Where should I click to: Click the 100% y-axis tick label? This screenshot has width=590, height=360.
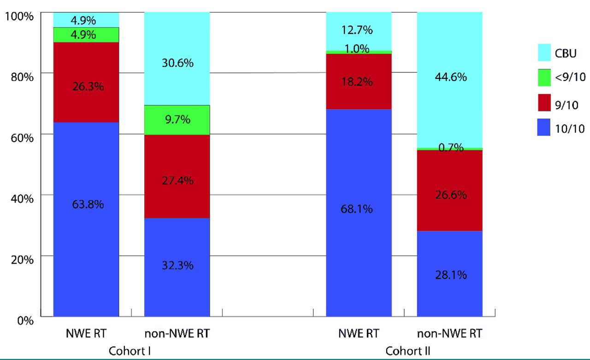pos(20,16)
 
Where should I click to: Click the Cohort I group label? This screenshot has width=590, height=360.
pos(130,350)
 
